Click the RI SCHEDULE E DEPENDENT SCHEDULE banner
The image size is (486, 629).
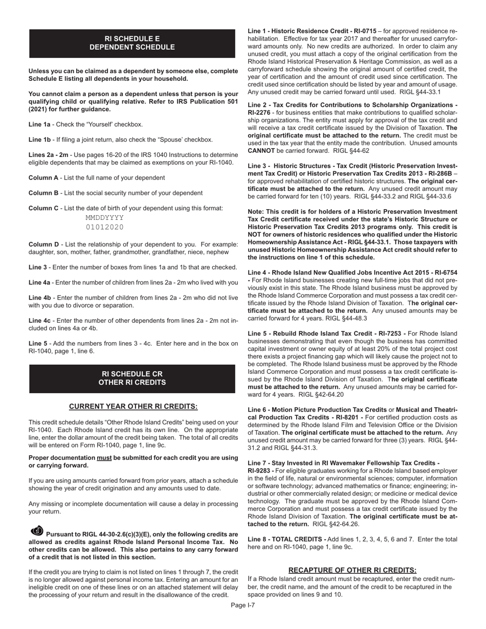tap(132, 43)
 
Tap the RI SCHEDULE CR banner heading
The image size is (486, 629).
tap(132, 378)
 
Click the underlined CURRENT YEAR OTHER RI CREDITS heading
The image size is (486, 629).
tap(133, 406)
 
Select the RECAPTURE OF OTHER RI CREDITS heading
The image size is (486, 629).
tap(352, 570)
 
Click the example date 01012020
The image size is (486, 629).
tap(104, 227)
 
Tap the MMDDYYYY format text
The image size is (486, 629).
tap(104, 217)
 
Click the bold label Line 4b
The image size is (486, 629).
tap(39, 297)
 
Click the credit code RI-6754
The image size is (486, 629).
tap(443, 273)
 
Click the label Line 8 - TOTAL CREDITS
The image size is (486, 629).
tap(286, 539)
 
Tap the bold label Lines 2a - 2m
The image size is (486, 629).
tap(48, 154)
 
